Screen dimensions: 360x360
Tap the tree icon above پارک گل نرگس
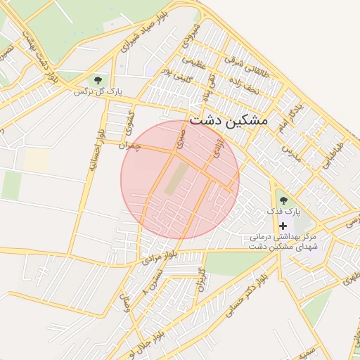pyautogui.click(x=98, y=79)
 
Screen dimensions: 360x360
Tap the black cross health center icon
pyautogui.click(x=283, y=226)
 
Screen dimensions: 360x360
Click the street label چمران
pyautogui.click(x=131, y=143)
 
